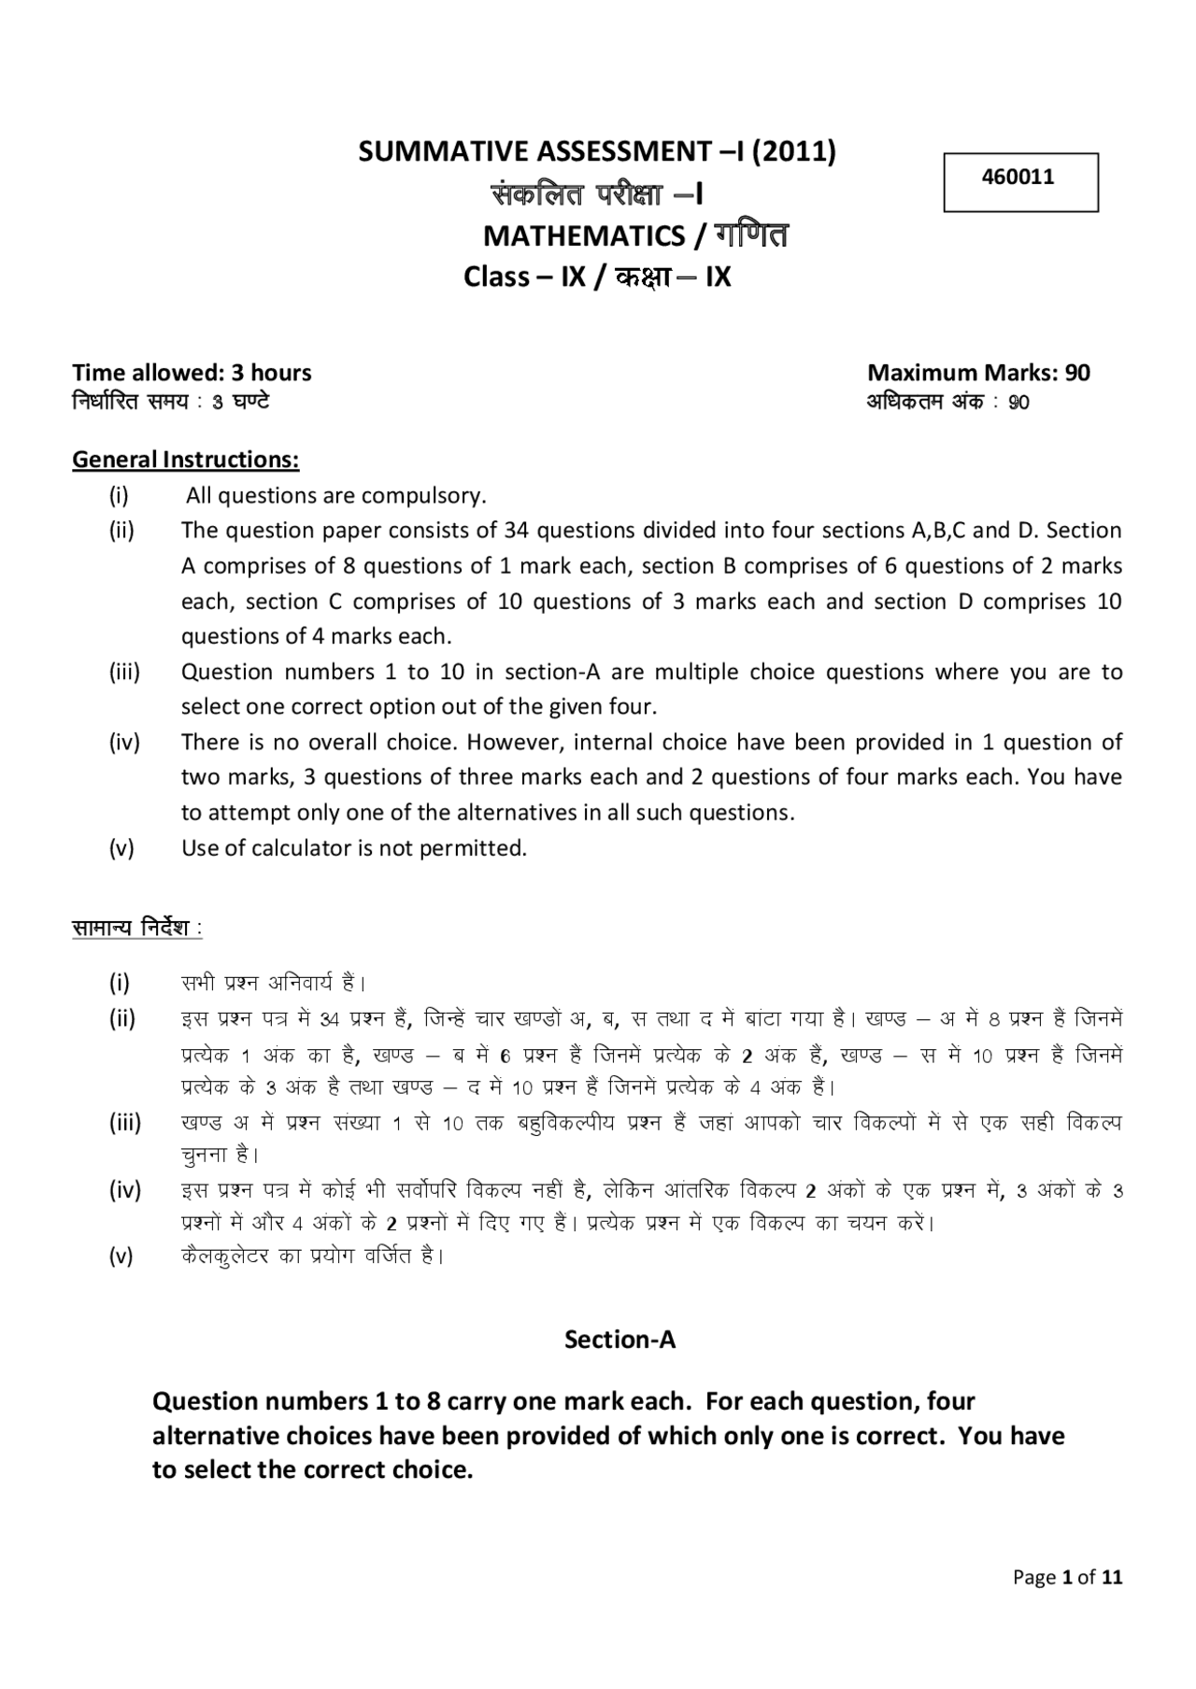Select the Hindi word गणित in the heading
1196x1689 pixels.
coord(751,234)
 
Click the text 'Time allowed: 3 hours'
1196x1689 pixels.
coord(192,373)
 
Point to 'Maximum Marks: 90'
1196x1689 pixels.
coord(978,373)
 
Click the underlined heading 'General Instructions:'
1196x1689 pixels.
coord(185,460)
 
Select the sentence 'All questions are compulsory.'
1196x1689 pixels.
coord(335,495)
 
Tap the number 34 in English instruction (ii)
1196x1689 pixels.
coord(516,531)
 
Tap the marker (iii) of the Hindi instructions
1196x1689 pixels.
coord(125,1123)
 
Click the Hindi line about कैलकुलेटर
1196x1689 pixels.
coord(312,1256)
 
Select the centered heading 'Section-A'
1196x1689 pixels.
coord(619,1340)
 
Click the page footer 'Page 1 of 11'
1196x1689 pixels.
coord(1067,1578)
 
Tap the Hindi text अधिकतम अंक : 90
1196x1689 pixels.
coord(947,403)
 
